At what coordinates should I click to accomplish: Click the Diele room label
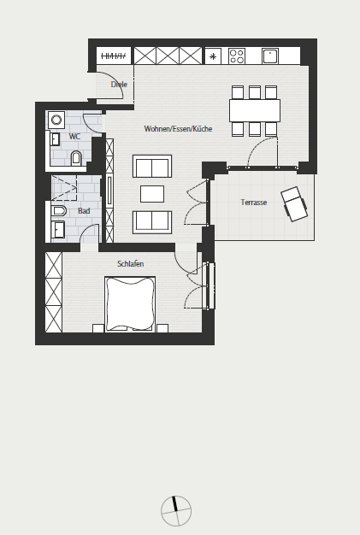pos(119,85)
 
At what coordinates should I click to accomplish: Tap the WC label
pos(74,137)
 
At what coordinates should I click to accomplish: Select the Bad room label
pos(84,211)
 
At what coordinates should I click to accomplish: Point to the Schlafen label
pos(130,264)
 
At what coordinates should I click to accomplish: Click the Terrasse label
pos(253,203)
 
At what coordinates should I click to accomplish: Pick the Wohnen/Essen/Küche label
pos(178,129)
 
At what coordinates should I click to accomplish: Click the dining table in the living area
pos(255,110)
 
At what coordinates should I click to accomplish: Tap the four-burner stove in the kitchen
pos(237,56)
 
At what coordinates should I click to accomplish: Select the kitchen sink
pos(270,56)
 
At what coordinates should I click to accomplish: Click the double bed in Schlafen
pos(130,304)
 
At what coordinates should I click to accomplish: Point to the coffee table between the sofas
pos(152,194)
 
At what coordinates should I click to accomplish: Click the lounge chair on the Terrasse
pos(294,204)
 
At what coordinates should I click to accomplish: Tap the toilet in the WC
pos(76,159)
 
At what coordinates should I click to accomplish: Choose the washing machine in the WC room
pos(56,120)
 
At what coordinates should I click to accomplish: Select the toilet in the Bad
pos(58,211)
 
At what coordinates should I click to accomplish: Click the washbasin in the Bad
pos(57,230)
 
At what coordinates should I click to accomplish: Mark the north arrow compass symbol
pos(176,511)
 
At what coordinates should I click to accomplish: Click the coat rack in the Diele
pos(114,56)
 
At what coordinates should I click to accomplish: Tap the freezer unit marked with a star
pos(213,56)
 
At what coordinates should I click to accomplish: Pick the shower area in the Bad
pos(64,188)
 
